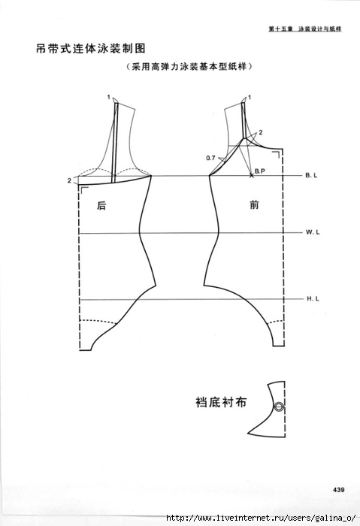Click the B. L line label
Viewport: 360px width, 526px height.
click(x=311, y=175)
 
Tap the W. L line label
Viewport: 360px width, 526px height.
click(x=313, y=231)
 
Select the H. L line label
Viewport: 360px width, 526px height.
click(x=313, y=298)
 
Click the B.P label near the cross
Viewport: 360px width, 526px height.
click(x=260, y=171)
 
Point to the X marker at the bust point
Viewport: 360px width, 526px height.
click(x=252, y=175)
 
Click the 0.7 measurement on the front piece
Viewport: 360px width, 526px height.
click(x=210, y=158)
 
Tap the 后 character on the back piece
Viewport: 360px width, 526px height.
click(x=101, y=205)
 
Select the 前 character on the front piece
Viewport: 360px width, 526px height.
click(x=254, y=204)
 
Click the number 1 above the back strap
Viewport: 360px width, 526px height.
click(x=109, y=97)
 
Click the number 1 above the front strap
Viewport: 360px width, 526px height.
click(x=250, y=97)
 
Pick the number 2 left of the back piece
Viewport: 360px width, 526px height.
click(x=69, y=181)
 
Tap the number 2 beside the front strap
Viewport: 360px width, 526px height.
click(x=261, y=132)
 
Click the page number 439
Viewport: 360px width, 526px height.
click(x=339, y=490)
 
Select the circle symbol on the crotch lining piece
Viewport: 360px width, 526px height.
click(x=279, y=407)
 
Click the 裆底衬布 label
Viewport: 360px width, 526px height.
click(x=221, y=402)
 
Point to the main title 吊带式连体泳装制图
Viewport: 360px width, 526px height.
click(x=91, y=49)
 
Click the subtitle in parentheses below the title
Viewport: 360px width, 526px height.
click(x=189, y=66)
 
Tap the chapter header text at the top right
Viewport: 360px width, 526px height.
click(x=305, y=29)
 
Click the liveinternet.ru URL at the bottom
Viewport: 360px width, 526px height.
click(x=261, y=518)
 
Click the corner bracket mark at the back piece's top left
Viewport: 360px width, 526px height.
click(x=83, y=190)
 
